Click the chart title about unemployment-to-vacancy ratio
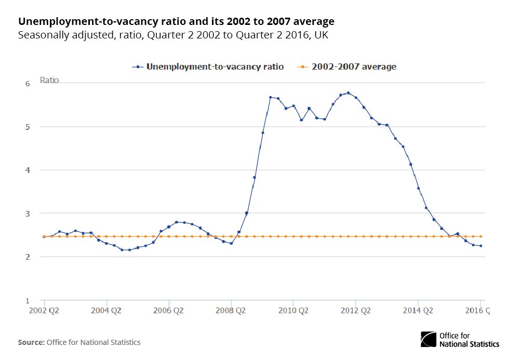click(176, 22)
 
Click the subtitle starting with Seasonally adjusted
click(173, 35)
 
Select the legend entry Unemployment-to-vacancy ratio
click(215, 66)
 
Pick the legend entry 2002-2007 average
click(354, 66)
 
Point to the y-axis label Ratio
click(49, 81)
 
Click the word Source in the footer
click(31, 342)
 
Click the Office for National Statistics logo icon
click(429, 340)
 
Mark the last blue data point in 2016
click(481, 246)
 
